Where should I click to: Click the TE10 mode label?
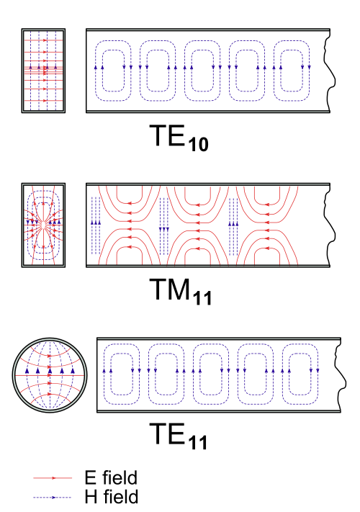(179, 138)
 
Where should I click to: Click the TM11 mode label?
(181, 291)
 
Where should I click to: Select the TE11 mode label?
(179, 436)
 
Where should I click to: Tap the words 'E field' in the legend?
(111, 477)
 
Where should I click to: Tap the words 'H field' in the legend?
(112, 497)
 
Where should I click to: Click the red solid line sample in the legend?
(53, 478)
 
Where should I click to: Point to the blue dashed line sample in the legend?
(53, 498)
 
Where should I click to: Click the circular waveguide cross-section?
(50, 375)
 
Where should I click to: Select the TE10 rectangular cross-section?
(43, 71)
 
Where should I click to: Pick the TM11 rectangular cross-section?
(43, 225)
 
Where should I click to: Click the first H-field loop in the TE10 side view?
(95, 71)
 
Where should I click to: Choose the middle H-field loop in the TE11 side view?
(193, 374)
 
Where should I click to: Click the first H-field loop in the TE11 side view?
(104, 374)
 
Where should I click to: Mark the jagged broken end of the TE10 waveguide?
(330, 71)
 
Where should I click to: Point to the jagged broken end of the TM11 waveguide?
(330, 225)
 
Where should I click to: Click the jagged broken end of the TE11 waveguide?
(341, 375)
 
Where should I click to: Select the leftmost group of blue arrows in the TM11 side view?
(96, 225)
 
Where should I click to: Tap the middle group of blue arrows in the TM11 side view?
(164, 225)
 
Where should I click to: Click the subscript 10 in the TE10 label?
(198, 144)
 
